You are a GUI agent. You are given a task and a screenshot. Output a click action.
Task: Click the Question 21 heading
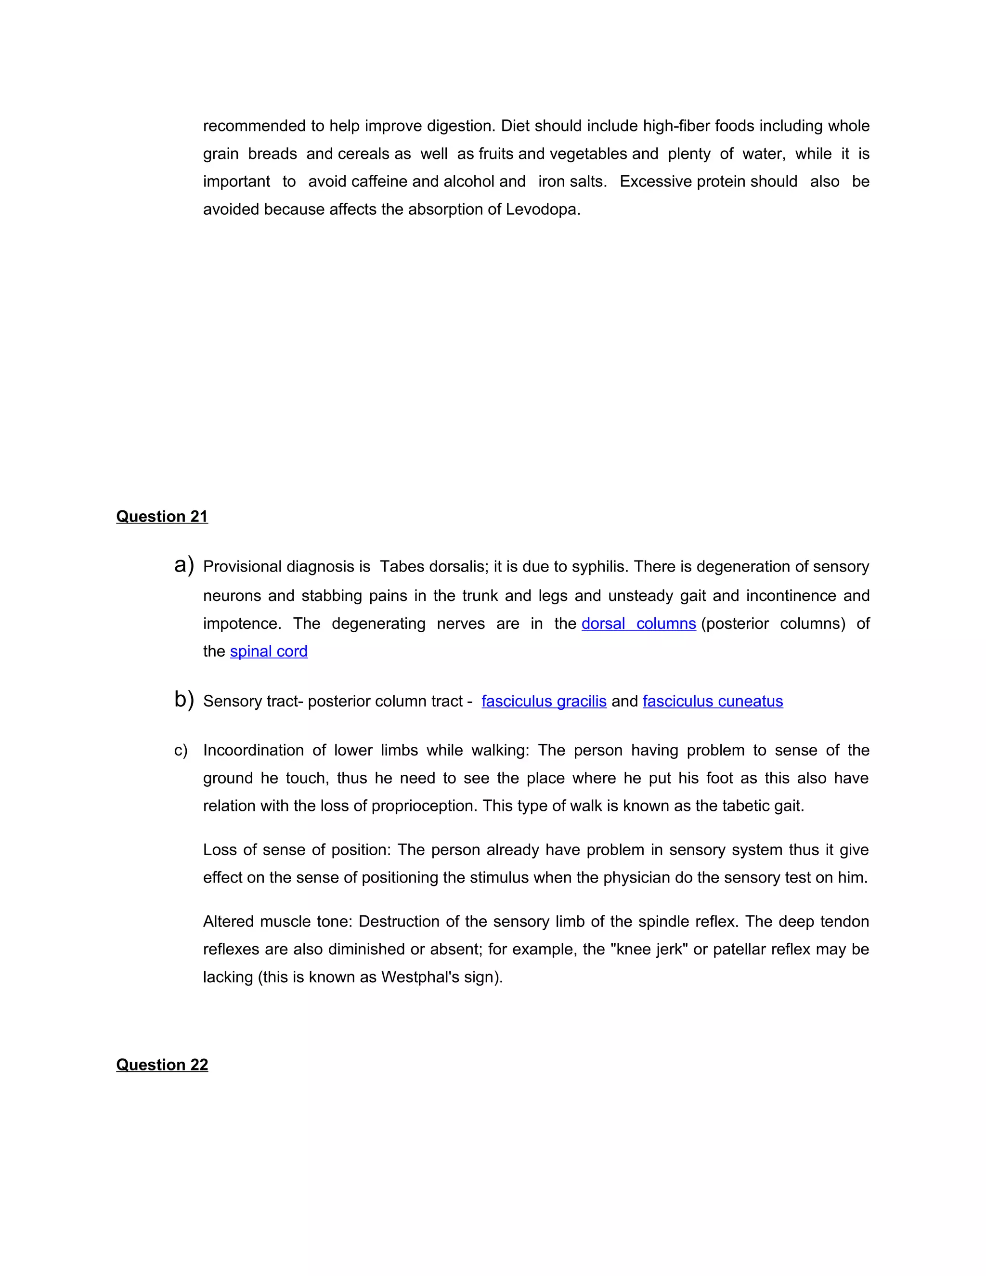(162, 517)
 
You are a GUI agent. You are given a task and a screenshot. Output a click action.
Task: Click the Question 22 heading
(162, 1065)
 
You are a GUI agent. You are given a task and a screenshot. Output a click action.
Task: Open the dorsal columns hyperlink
(638, 624)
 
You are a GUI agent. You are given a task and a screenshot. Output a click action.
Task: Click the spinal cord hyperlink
(269, 651)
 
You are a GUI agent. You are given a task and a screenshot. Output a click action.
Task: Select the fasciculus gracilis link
(544, 701)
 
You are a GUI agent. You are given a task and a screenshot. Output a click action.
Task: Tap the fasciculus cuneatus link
(713, 701)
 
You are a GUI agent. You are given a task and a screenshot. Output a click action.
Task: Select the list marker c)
(181, 751)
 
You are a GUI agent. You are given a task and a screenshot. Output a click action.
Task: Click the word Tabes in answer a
(402, 567)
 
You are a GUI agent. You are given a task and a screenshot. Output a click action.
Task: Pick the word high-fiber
(676, 126)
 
